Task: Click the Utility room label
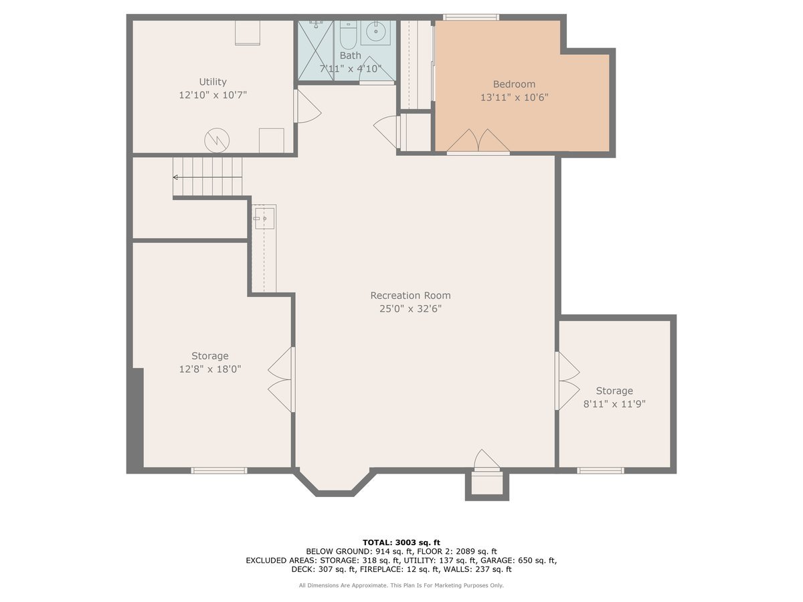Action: click(213, 82)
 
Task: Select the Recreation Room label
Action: click(410, 295)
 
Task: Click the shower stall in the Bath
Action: click(315, 50)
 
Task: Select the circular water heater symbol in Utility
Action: click(217, 140)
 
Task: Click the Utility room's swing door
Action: click(306, 107)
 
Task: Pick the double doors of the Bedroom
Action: click(478, 142)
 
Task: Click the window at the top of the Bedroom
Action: click(470, 17)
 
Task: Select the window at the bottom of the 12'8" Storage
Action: click(219, 471)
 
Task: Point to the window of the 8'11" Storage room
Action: click(600, 471)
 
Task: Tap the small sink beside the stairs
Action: click(264, 218)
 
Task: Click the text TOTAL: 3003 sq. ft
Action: click(401, 542)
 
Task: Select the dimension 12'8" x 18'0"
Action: click(209, 369)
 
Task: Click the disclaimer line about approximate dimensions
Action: click(401, 585)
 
